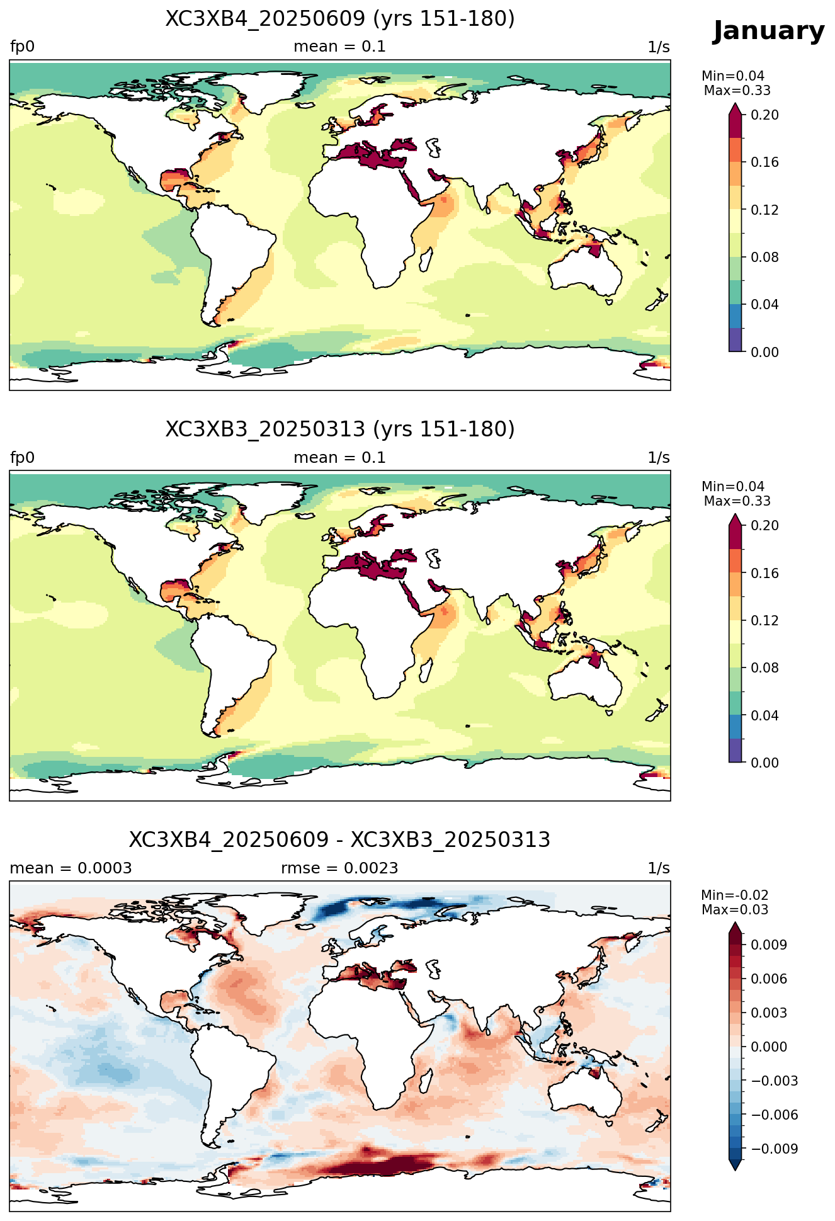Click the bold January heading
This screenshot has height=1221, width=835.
(x=768, y=31)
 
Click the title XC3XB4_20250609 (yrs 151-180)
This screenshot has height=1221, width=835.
(x=340, y=19)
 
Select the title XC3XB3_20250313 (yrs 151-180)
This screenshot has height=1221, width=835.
(x=340, y=429)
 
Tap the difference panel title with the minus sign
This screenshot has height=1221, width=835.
(x=340, y=840)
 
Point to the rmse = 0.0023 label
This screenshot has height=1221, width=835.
(x=339, y=868)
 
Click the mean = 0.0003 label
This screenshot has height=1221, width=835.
(x=71, y=868)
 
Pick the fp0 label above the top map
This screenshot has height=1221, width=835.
(x=22, y=47)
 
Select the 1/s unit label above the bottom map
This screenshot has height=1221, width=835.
(x=659, y=868)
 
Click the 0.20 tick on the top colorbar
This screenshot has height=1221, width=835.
(x=764, y=115)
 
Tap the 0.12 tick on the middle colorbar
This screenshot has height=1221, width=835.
(x=764, y=620)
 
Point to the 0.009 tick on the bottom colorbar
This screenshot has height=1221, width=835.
(x=768, y=945)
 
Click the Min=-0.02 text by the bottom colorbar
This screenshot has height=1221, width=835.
(x=735, y=895)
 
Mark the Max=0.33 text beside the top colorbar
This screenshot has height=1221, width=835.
(x=737, y=91)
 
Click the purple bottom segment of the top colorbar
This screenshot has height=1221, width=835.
(x=736, y=340)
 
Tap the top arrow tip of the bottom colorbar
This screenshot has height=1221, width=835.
(x=736, y=923)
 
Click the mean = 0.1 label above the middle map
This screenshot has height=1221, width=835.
(x=339, y=458)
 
